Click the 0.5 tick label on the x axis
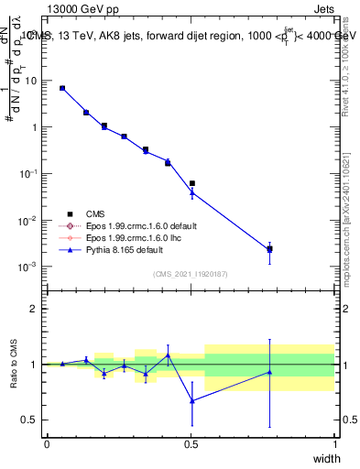(191, 443)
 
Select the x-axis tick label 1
(335, 443)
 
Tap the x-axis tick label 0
(47, 443)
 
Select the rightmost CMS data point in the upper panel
(269, 249)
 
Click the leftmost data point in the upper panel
(62, 88)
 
